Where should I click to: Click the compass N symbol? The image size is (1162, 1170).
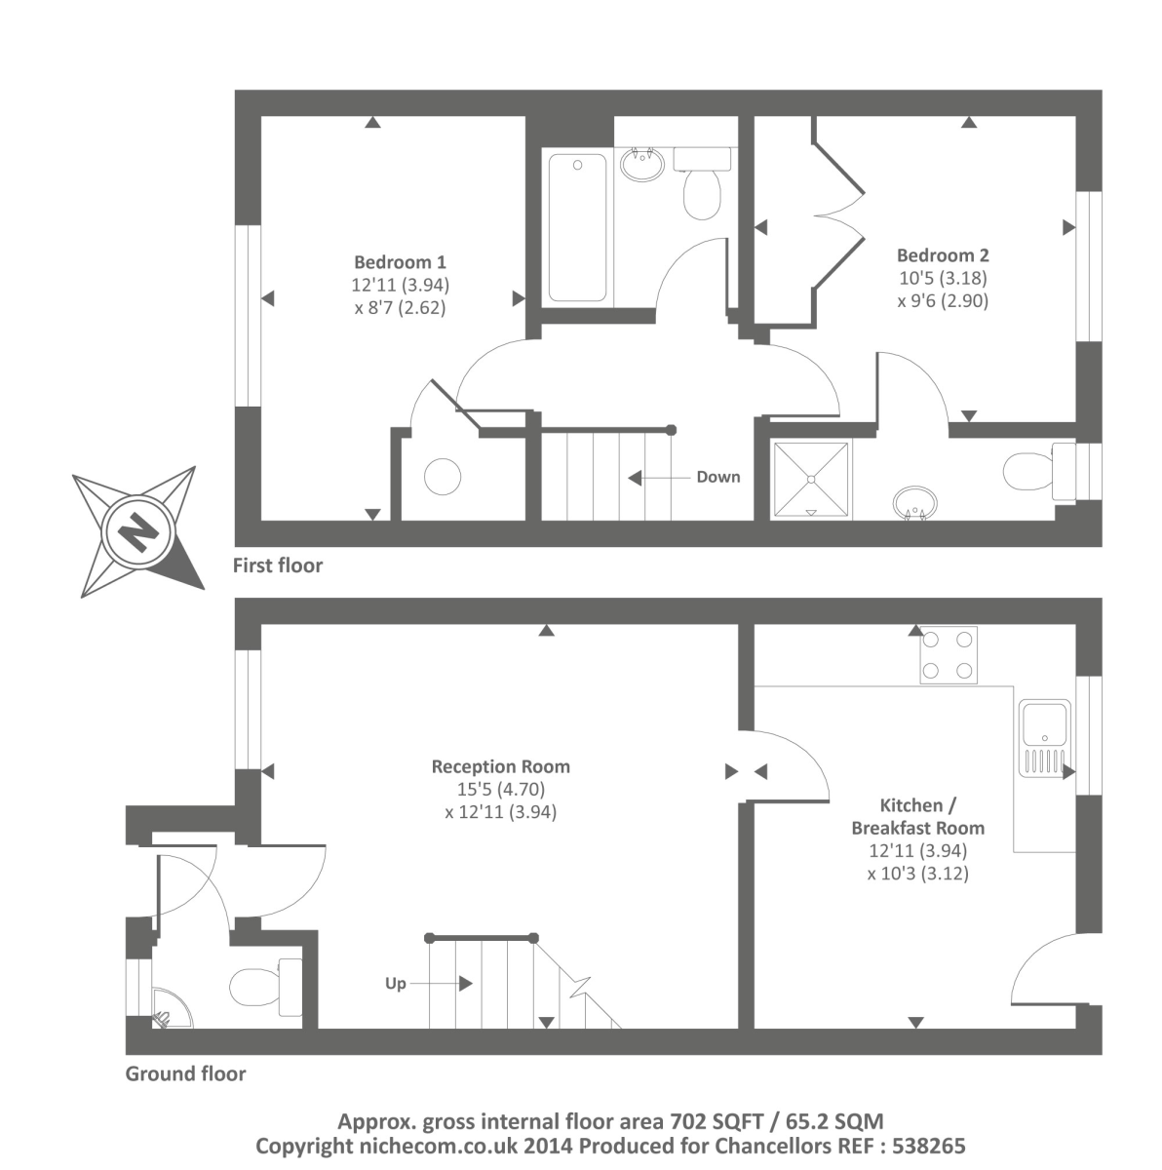(x=137, y=532)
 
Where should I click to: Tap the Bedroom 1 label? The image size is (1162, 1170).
(x=400, y=262)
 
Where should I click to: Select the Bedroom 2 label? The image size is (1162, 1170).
(x=943, y=255)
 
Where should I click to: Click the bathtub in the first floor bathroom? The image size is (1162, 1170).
(x=577, y=226)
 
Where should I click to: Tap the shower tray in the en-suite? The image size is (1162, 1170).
(x=810, y=478)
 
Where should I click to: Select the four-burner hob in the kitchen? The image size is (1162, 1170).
(x=948, y=655)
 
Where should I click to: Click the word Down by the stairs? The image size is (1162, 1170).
(x=717, y=477)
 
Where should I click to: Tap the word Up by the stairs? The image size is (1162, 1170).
(x=395, y=983)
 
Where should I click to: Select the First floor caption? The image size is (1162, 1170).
(x=277, y=565)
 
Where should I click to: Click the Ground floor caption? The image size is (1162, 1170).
(x=185, y=1074)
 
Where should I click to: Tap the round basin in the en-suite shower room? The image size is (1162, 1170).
(x=916, y=502)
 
